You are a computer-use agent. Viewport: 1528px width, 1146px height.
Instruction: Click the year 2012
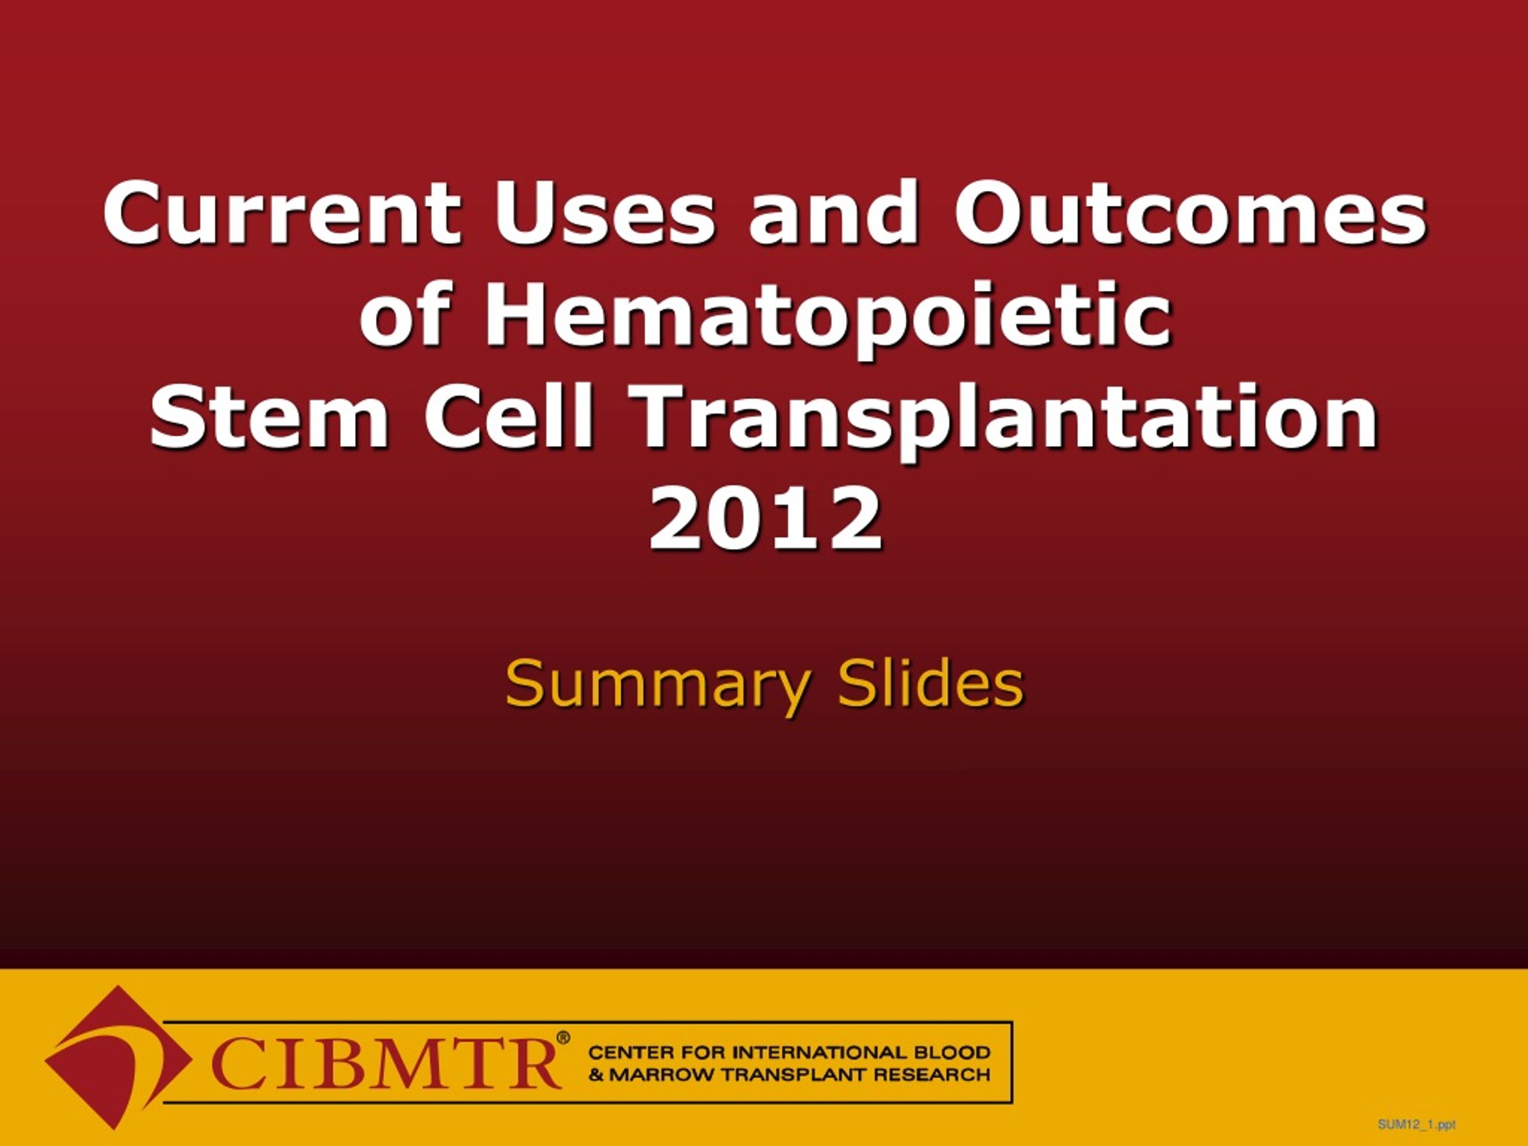click(x=765, y=517)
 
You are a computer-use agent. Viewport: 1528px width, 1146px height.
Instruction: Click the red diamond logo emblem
click(x=119, y=1057)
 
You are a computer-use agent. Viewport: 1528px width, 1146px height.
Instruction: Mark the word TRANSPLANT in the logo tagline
click(x=791, y=1075)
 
